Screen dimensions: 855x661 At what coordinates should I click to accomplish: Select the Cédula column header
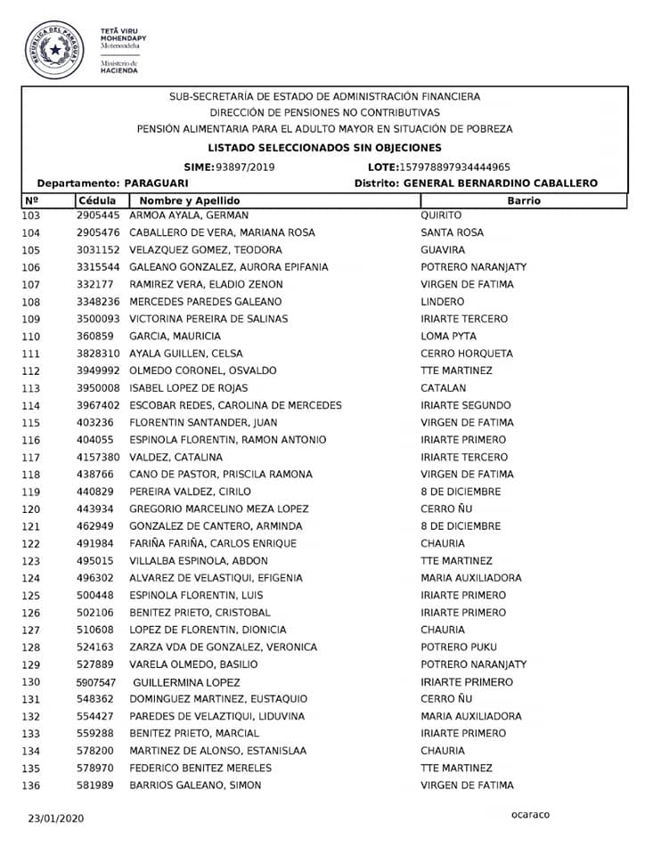click(x=97, y=201)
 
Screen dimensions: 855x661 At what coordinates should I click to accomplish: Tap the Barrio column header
click(x=523, y=201)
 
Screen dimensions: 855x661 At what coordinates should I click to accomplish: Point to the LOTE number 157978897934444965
click(x=455, y=167)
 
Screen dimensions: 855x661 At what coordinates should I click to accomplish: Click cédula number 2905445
click(x=98, y=216)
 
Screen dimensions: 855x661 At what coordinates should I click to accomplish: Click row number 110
click(x=31, y=337)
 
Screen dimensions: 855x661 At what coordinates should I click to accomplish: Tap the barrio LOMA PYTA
click(x=448, y=337)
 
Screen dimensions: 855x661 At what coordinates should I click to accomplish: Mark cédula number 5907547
click(x=98, y=682)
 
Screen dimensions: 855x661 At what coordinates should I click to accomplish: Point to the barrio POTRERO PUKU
click(x=459, y=647)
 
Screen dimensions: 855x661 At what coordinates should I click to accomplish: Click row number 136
click(x=31, y=786)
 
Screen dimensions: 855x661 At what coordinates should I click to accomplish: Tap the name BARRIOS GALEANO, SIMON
click(x=195, y=786)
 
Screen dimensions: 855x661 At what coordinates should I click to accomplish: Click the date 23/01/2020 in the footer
click(x=55, y=817)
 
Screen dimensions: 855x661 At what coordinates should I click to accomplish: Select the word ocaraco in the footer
click(x=530, y=814)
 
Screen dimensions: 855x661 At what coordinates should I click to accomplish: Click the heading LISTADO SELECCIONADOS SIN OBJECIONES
click(x=324, y=148)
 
